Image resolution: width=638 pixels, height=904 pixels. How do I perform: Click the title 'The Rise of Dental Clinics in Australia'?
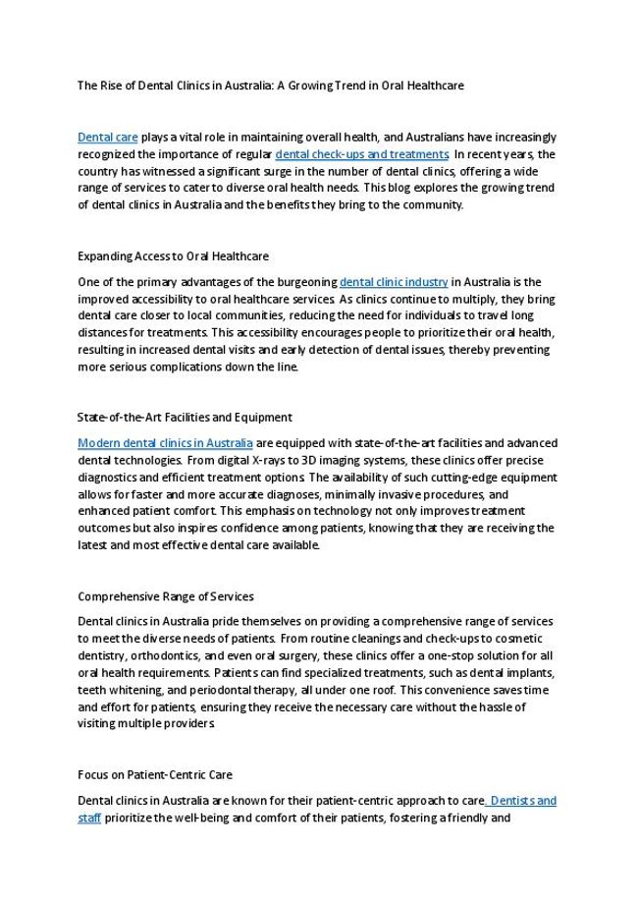coord(270,85)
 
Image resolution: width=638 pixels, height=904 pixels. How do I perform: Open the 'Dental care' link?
coord(107,137)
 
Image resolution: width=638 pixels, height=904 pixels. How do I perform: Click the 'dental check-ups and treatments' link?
coord(362,154)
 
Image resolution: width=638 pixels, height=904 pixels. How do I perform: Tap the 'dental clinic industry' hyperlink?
coord(394,282)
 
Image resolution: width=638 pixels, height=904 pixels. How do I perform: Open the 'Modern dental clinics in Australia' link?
coord(165,443)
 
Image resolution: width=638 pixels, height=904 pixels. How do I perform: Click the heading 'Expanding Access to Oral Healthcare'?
coord(173,256)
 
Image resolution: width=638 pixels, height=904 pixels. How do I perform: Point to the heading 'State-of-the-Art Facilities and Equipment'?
coord(185,418)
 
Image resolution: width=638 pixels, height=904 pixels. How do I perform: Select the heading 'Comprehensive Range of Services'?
coord(165,596)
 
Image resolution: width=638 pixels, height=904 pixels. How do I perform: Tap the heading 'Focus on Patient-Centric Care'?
coord(155,775)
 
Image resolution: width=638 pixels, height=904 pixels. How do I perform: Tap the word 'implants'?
coord(527,673)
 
